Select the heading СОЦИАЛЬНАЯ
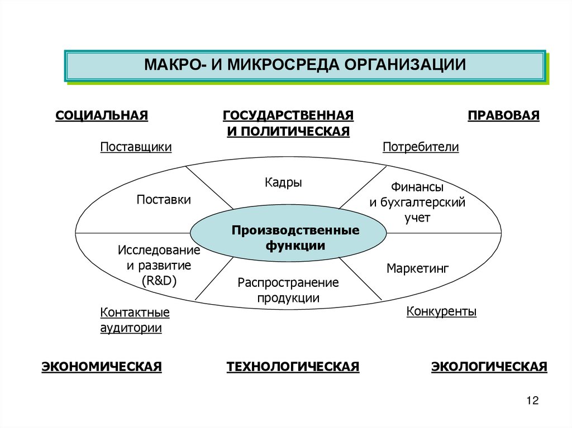point(102,116)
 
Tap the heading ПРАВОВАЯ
point(504,116)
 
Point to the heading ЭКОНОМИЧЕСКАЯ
point(102,367)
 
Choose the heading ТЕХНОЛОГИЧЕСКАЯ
point(293,367)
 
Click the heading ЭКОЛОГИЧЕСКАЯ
point(489,367)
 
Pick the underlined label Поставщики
point(136,147)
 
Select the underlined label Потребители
point(421,147)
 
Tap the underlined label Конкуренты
point(441,311)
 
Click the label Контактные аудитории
point(135,320)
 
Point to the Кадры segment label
point(283,182)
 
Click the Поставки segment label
point(164,199)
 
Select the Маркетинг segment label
point(418,268)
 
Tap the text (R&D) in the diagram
point(159,281)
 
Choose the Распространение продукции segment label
point(288,290)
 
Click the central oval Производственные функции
point(288,237)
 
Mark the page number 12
point(532,401)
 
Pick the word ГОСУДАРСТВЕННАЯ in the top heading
point(288,116)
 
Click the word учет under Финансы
point(417,218)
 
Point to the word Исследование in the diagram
point(159,250)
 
